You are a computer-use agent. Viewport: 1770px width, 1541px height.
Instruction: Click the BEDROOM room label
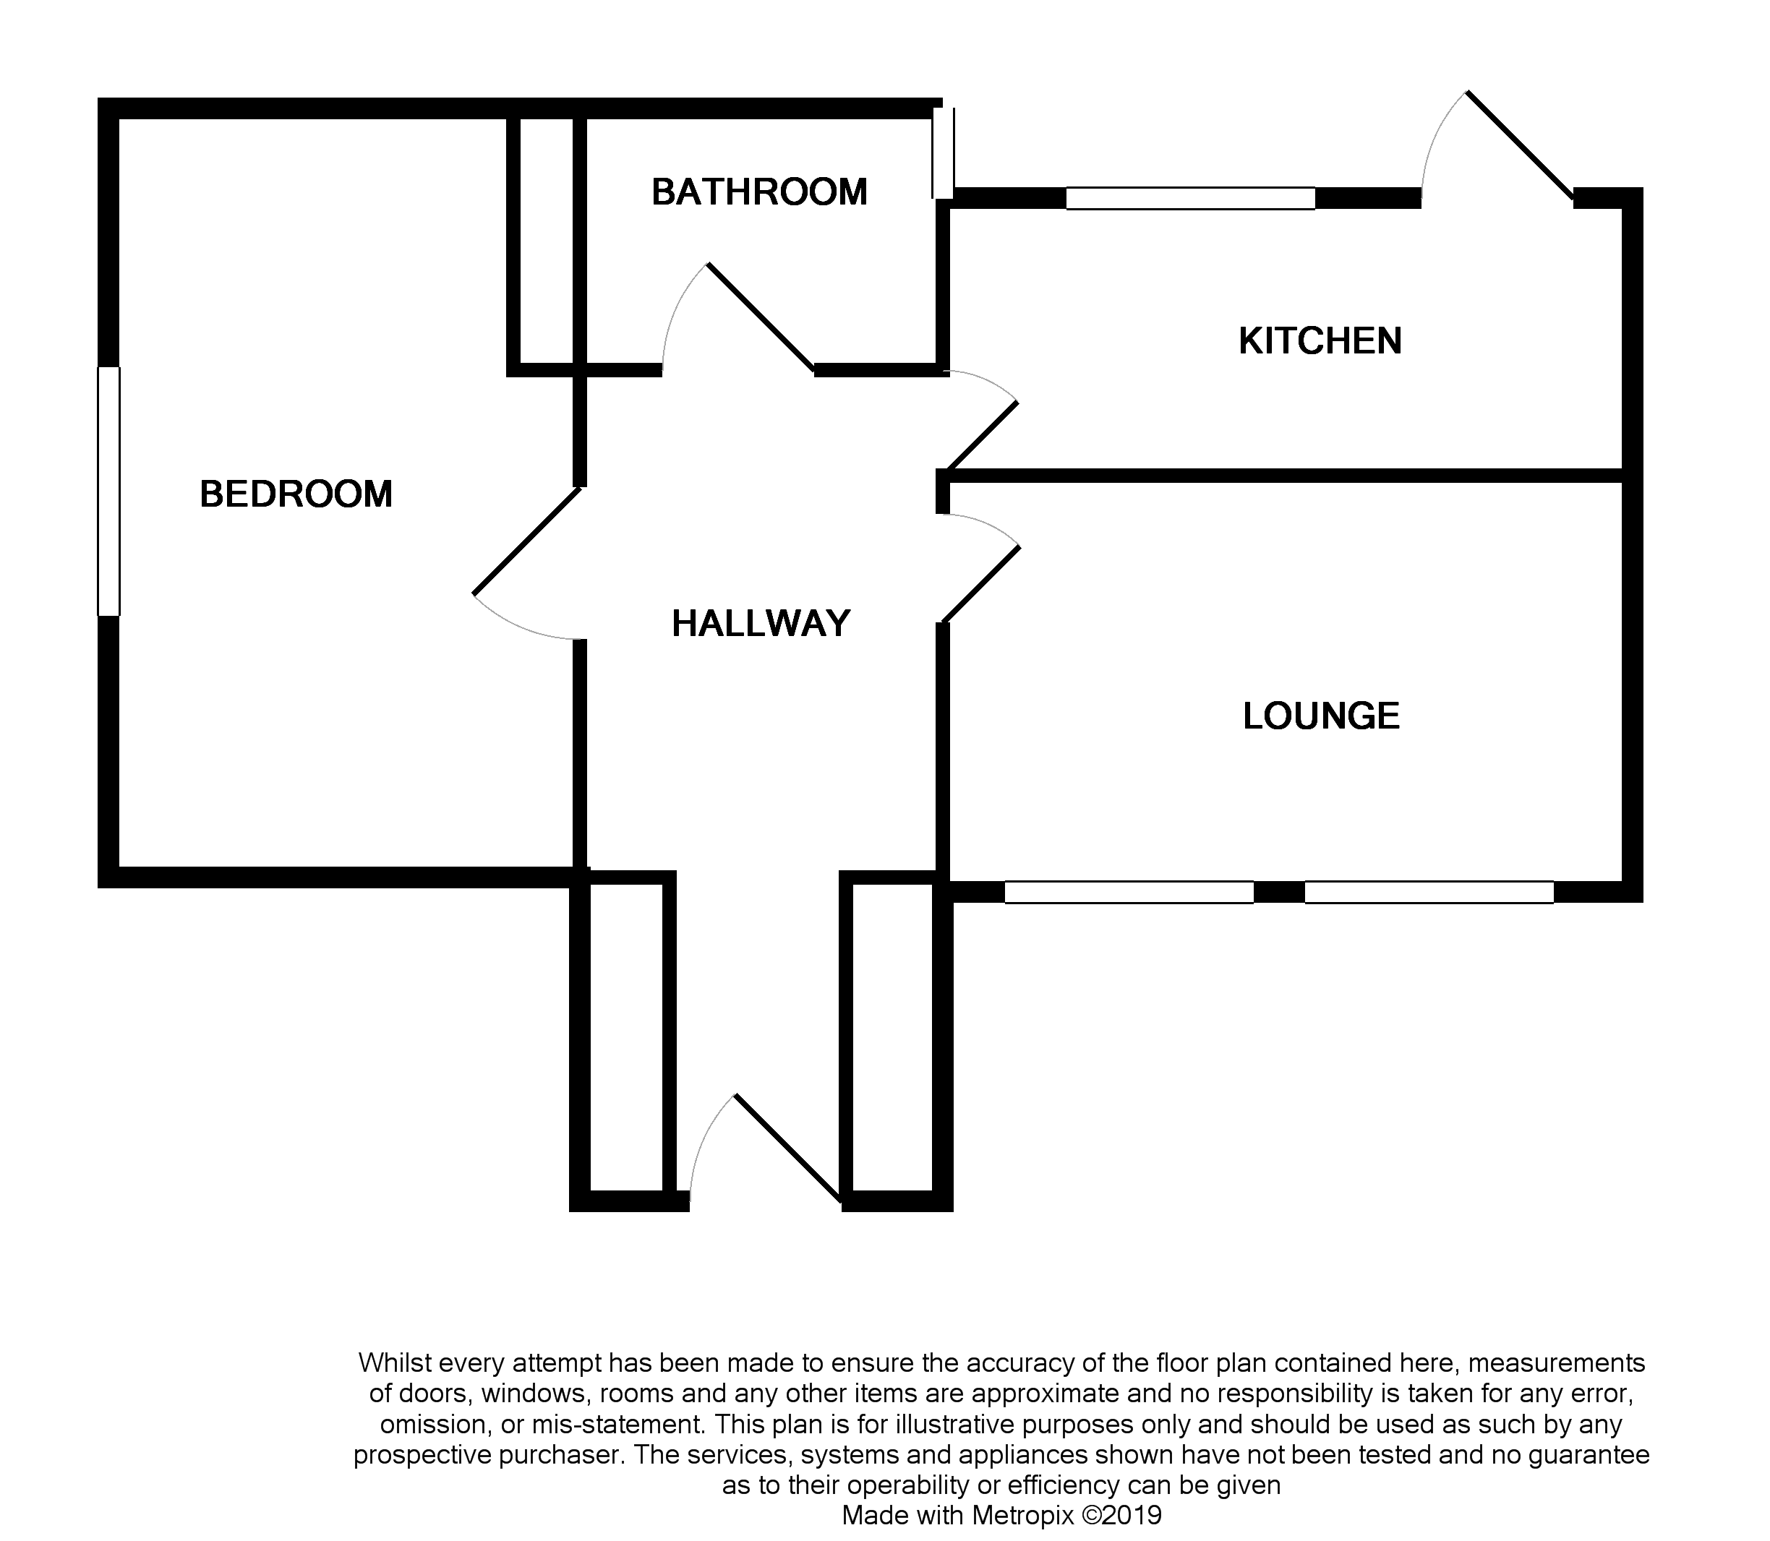point(296,494)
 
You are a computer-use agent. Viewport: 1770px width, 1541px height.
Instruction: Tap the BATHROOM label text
point(758,192)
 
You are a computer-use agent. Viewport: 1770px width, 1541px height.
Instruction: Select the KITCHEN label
point(1320,341)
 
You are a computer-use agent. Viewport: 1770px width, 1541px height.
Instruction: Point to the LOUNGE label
point(1321,716)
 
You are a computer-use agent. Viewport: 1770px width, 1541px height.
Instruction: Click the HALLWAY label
point(761,624)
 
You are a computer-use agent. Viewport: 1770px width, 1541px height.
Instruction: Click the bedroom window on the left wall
point(108,491)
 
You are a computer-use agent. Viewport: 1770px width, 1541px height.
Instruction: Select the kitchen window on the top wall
point(1190,199)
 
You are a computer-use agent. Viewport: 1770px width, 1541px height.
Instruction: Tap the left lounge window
point(1129,893)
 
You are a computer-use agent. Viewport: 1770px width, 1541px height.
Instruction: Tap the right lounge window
point(1429,893)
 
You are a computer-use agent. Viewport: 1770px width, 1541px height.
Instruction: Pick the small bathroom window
point(944,153)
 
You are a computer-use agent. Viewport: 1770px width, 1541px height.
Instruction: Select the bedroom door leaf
point(527,541)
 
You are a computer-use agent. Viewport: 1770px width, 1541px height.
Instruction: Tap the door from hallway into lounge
point(981,584)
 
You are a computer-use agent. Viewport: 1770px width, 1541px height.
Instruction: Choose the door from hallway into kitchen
point(981,435)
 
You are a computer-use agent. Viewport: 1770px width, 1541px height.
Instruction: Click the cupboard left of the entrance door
point(626,1036)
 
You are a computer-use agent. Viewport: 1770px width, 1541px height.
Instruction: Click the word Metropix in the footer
point(1022,1514)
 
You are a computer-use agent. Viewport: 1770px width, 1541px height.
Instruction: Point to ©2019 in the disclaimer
point(1121,1514)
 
